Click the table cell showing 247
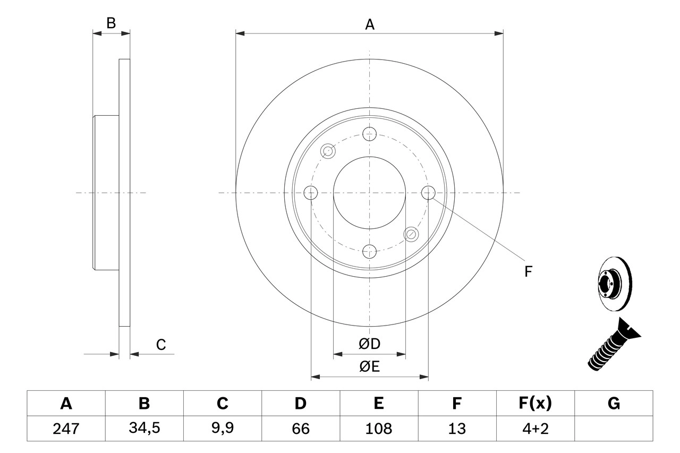pyautogui.click(x=66, y=429)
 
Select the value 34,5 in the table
pyautogui.click(x=144, y=429)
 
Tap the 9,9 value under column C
pyautogui.click(x=222, y=429)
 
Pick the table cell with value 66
pyautogui.click(x=301, y=429)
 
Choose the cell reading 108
pyautogui.click(x=378, y=429)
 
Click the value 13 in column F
pyautogui.click(x=456, y=429)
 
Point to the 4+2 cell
pyautogui.click(x=534, y=429)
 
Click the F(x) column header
pyautogui.click(x=534, y=404)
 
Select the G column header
pyautogui.click(x=614, y=404)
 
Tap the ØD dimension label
pyautogui.click(x=369, y=344)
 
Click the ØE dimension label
pyautogui.click(x=369, y=367)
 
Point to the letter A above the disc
pyautogui.click(x=370, y=24)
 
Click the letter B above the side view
pyautogui.click(x=110, y=23)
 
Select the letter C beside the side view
pyautogui.click(x=161, y=345)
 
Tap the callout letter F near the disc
pyautogui.click(x=528, y=272)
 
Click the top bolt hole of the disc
pyautogui.click(x=369, y=133)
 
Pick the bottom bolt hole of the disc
pyautogui.click(x=369, y=251)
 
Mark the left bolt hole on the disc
pyautogui.click(x=311, y=192)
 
